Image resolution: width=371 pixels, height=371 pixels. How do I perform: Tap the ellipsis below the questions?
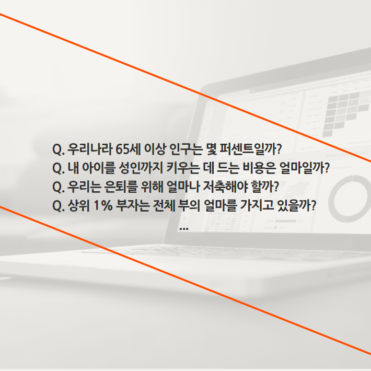click(x=183, y=229)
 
